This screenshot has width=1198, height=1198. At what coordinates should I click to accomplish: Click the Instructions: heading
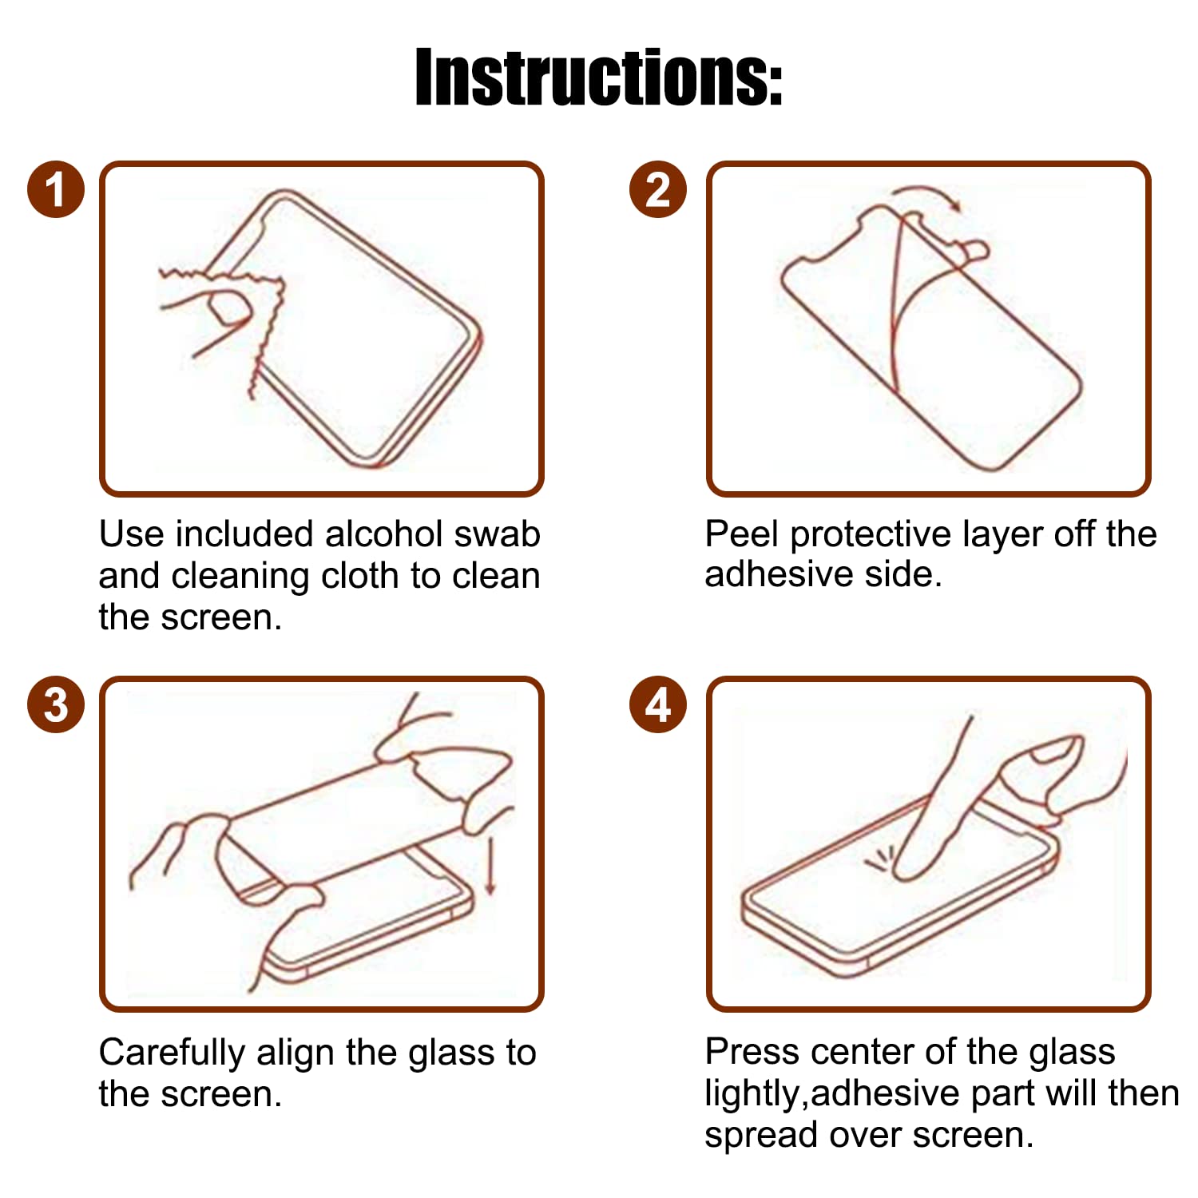598,77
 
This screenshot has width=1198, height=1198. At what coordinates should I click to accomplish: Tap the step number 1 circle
56,190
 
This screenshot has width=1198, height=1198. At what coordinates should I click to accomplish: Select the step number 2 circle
657,190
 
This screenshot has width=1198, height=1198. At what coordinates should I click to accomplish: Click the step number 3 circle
56,705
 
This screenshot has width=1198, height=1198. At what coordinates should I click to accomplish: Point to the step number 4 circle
657,705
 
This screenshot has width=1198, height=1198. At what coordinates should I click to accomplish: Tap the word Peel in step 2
741,534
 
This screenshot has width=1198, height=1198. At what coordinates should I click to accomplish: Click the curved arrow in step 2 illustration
926,196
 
